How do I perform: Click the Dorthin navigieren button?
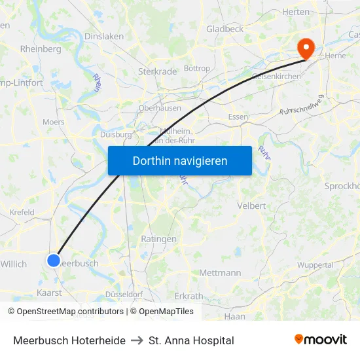click(x=180, y=160)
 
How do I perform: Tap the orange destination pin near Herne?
click(x=306, y=47)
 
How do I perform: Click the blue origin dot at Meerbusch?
click(x=54, y=260)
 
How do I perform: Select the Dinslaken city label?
click(x=104, y=37)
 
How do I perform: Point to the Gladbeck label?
click(x=225, y=29)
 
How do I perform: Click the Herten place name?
click(x=295, y=12)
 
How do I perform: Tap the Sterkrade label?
click(x=154, y=71)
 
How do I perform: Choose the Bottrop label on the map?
click(x=197, y=68)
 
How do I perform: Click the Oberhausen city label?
click(x=159, y=108)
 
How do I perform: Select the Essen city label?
click(x=238, y=117)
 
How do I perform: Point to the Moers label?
click(x=53, y=122)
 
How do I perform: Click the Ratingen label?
click(x=158, y=239)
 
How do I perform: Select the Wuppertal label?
click(x=315, y=265)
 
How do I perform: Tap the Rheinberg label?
click(x=41, y=48)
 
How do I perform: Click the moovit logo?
click(x=320, y=340)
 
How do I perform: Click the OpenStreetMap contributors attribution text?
click(x=67, y=312)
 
